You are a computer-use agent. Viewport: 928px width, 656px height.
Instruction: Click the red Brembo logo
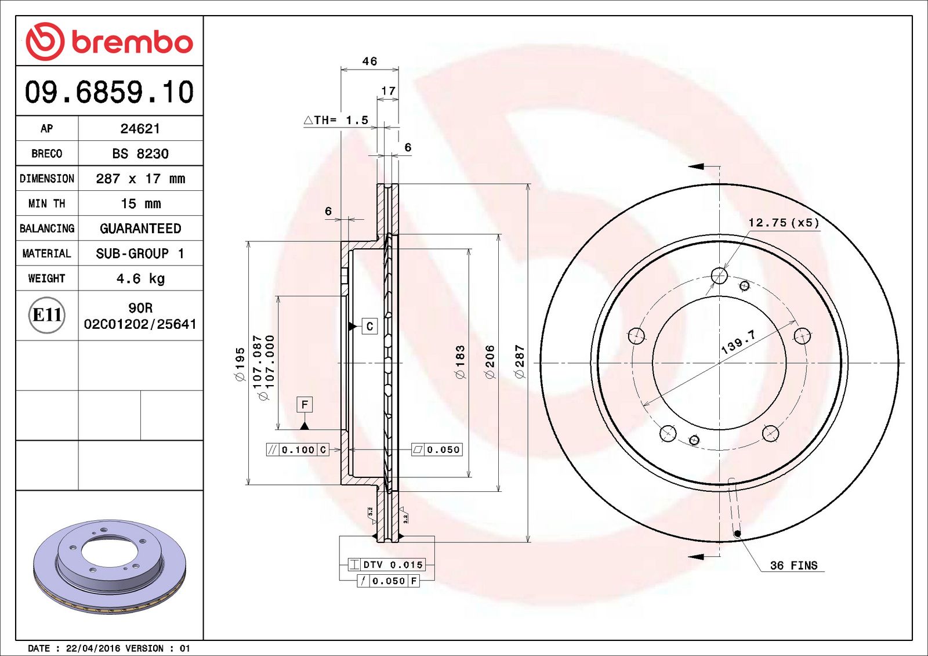tap(109, 42)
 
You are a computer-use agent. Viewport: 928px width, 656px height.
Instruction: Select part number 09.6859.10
tap(109, 92)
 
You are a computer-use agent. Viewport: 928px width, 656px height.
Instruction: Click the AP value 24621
tap(140, 129)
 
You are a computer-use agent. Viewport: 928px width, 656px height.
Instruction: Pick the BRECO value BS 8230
tap(140, 154)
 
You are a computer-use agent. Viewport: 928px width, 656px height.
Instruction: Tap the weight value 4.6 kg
tap(140, 278)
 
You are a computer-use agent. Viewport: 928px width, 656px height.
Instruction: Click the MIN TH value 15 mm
tap(140, 204)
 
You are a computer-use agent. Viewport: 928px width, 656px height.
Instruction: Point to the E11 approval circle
tap(47, 315)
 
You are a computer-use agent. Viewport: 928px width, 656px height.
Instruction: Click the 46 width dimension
tap(369, 61)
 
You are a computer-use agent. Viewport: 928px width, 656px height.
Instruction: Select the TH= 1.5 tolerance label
tap(336, 120)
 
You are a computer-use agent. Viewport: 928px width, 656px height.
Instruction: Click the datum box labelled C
tap(369, 327)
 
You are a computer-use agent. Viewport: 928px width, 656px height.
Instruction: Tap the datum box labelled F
tap(304, 404)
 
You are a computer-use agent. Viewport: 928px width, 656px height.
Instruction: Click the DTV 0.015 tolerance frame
tap(387, 564)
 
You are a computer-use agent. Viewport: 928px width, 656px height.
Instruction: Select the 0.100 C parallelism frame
tap(298, 450)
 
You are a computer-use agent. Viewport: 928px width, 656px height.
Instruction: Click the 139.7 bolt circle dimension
tap(738, 342)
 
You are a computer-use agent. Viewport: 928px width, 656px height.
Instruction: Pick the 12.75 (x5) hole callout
tap(784, 223)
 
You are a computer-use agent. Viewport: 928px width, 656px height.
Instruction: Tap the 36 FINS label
tap(793, 566)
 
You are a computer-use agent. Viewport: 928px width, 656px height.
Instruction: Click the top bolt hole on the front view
tap(719, 276)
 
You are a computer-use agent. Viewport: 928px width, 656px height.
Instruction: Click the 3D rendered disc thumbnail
tap(110, 566)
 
